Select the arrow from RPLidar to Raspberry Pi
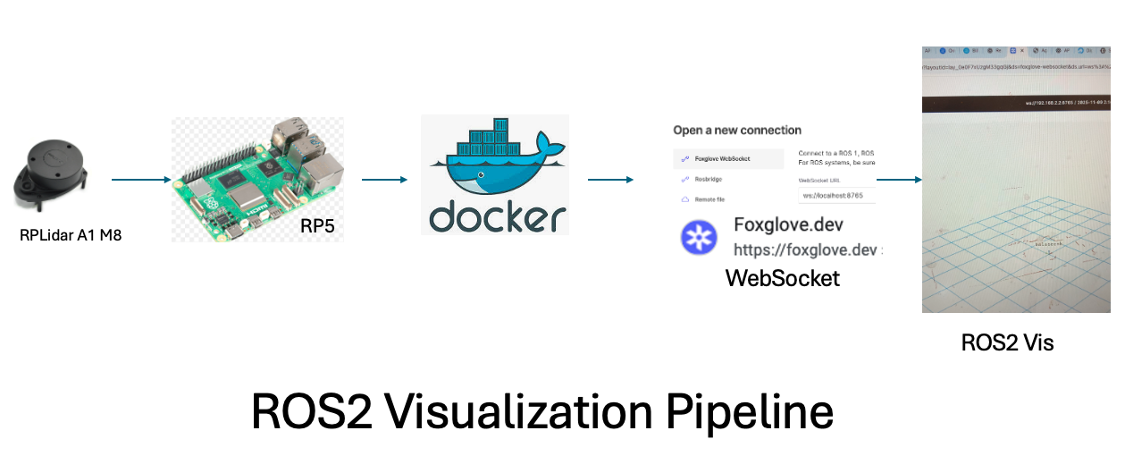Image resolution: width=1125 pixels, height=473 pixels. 141,180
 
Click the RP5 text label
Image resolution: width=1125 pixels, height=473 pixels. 318,227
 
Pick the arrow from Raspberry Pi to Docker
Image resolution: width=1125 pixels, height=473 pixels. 385,180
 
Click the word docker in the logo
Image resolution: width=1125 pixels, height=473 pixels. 497,216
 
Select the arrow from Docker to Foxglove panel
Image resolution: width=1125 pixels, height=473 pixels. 611,180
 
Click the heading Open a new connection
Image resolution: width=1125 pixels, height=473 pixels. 737,130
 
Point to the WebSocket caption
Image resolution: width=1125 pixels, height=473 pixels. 783,278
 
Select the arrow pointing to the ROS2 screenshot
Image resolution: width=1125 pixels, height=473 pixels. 899,180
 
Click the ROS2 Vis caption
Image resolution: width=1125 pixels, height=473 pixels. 1007,342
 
